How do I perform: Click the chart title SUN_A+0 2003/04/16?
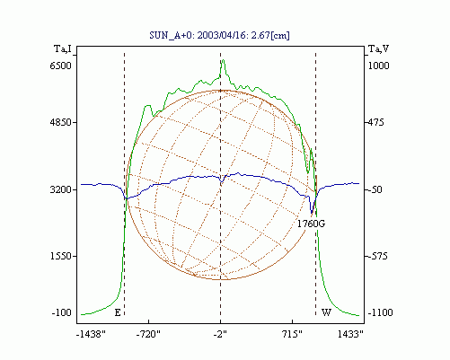(219, 35)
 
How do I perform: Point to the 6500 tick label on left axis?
(61, 66)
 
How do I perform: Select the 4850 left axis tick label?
(61, 122)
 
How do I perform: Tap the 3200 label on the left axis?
(61, 189)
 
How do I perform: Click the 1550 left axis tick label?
(61, 256)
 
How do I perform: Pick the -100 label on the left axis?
(62, 312)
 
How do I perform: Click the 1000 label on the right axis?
(378, 66)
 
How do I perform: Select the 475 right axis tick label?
(375, 122)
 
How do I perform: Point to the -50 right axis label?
(375, 189)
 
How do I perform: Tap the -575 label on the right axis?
(377, 256)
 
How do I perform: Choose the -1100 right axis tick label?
(380, 312)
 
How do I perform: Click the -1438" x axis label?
(91, 334)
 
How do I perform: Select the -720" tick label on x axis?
(148, 334)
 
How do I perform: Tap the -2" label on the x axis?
(220, 334)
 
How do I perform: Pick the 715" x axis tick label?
(293, 334)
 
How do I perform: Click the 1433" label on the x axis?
(350, 334)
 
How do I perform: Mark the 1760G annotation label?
(311, 224)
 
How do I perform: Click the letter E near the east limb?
(118, 312)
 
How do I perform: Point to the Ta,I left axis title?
(63, 48)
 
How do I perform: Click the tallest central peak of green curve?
(223, 60)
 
